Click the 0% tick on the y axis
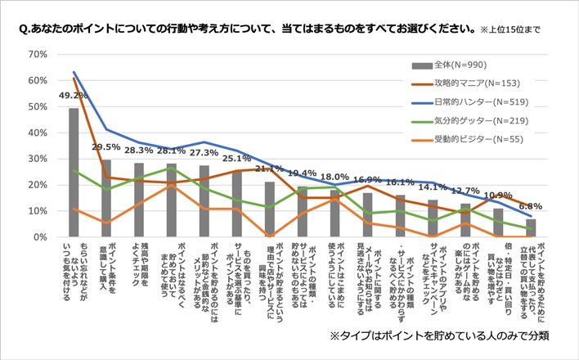click(x=40, y=237)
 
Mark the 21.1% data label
click(x=269, y=169)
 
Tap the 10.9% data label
click(x=498, y=196)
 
